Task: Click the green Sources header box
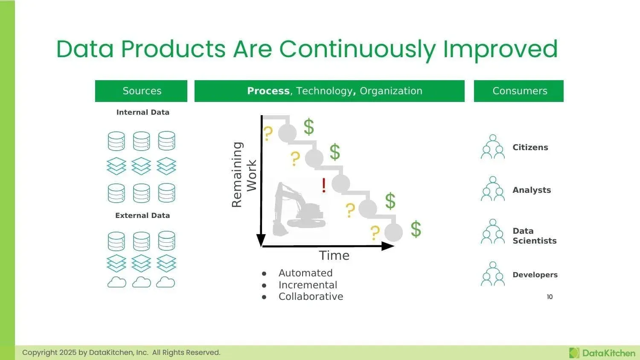(x=141, y=91)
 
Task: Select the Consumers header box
(x=518, y=91)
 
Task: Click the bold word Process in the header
(x=268, y=91)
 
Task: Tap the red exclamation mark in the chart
(x=324, y=185)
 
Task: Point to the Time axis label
(x=334, y=255)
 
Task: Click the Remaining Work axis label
(x=244, y=175)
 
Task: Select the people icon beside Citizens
(x=493, y=147)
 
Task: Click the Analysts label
(x=531, y=190)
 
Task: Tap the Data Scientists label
(x=534, y=236)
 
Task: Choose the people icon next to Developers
(x=493, y=274)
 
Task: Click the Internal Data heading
(x=143, y=112)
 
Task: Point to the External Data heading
(x=143, y=215)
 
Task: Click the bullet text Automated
(x=305, y=273)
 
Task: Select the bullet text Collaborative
(x=311, y=296)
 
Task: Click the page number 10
(x=550, y=297)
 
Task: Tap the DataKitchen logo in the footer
(x=602, y=353)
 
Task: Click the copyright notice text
(x=121, y=352)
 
